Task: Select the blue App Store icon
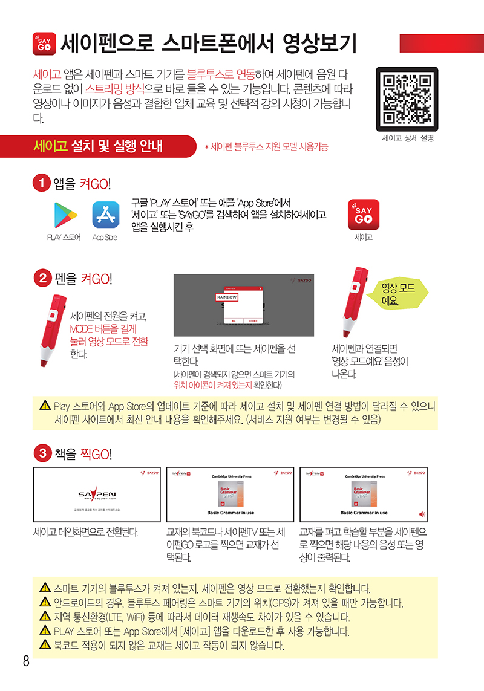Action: (x=105, y=215)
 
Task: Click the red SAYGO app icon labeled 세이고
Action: (x=363, y=214)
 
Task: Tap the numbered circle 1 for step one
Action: (x=42, y=183)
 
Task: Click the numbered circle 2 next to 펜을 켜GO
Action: (x=42, y=278)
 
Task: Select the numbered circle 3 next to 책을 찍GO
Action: (x=42, y=452)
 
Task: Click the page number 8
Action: (x=26, y=661)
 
